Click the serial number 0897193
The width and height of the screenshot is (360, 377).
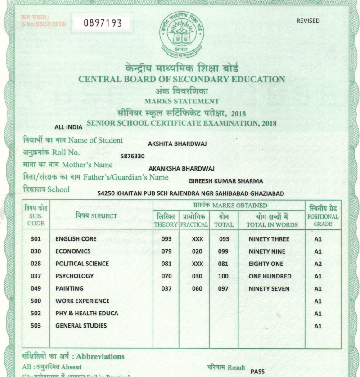point(103,23)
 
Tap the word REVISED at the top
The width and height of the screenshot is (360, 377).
point(308,21)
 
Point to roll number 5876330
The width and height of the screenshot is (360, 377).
point(132,156)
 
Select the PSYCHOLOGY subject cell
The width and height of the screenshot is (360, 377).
point(74,276)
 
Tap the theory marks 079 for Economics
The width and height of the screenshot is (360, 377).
point(166,251)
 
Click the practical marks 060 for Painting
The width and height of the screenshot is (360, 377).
point(197,288)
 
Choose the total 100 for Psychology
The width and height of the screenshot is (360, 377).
point(223,276)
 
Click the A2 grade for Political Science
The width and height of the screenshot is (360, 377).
point(318,264)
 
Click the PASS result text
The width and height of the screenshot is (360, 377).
point(257,372)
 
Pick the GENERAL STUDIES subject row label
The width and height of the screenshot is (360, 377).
point(81,325)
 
